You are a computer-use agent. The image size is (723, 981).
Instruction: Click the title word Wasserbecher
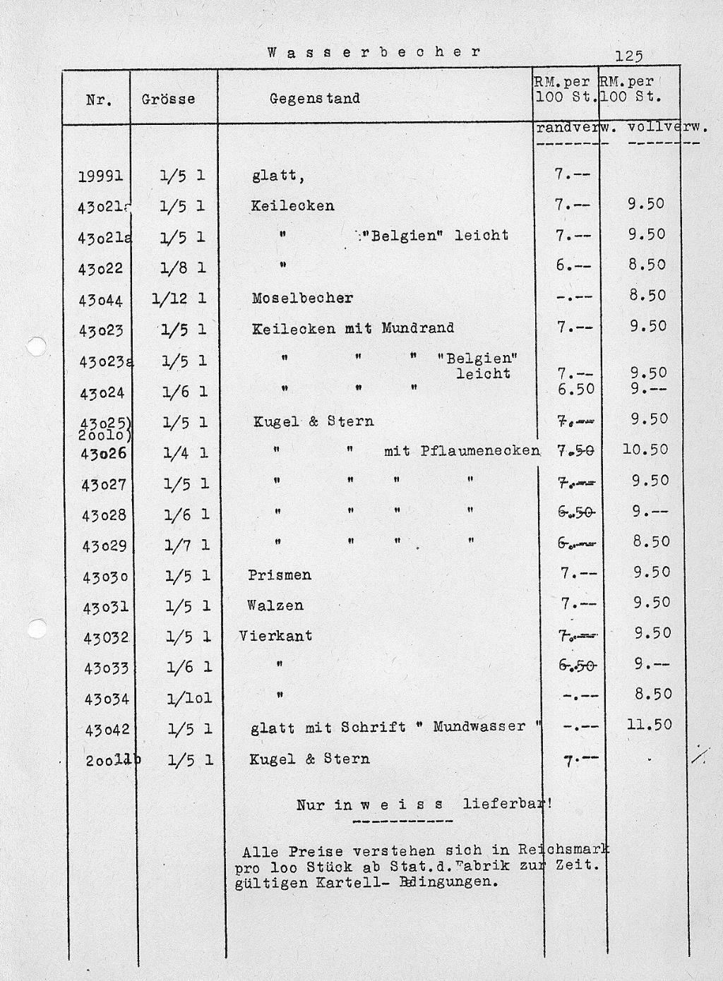(x=374, y=52)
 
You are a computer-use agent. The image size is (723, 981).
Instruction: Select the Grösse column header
(x=168, y=99)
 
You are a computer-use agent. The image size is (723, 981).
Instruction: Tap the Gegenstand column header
(x=314, y=98)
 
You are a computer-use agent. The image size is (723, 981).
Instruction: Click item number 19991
(x=100, y=176)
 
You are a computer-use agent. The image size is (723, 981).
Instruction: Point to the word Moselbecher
(x=302, y=298)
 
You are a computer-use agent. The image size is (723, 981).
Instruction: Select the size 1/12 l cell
(x=179, y=299)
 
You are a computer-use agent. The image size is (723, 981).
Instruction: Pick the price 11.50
(x=647, y=724)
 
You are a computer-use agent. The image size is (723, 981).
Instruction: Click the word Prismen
(x=280, y=574)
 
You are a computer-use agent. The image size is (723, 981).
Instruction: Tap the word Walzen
(x=275, y=605)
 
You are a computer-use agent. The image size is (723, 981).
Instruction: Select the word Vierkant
(x=275, y=635)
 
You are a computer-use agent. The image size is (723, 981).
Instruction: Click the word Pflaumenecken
(x=480, y=450)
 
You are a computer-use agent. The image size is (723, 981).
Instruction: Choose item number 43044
(x=101, y=300)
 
